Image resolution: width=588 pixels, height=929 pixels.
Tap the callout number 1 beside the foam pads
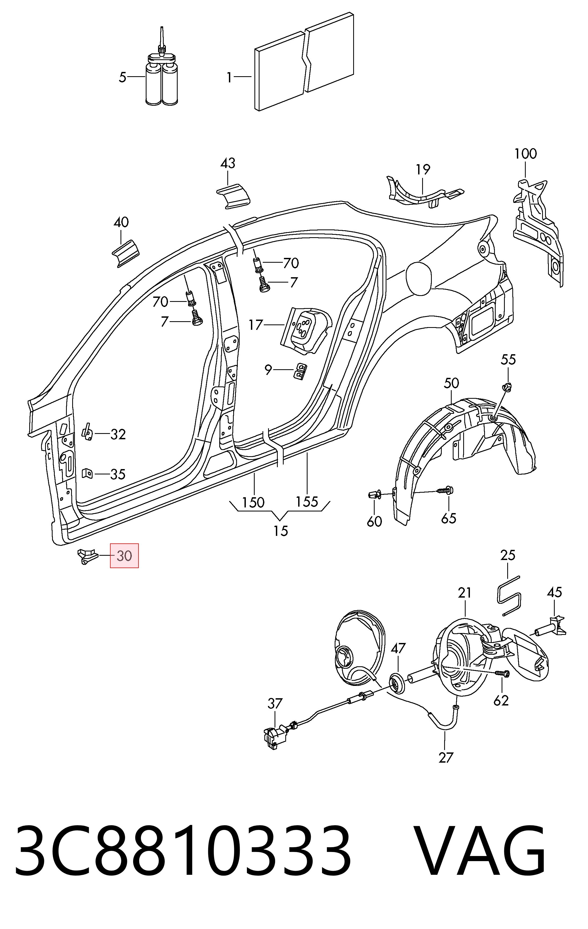[x=229, y=78]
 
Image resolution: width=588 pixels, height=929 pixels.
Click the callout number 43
[x=228, y=163]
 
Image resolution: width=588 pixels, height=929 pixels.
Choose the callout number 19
[x=423, y=169]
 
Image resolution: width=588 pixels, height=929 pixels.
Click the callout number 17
[x=256, y=325]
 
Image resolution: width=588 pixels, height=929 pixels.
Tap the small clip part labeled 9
[x=301, y=371]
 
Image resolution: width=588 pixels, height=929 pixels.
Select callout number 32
[x=118, y=434]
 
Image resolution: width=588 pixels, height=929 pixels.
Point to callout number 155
[x=307, y=502]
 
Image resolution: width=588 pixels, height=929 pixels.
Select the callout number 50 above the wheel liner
[x=451, y=383]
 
